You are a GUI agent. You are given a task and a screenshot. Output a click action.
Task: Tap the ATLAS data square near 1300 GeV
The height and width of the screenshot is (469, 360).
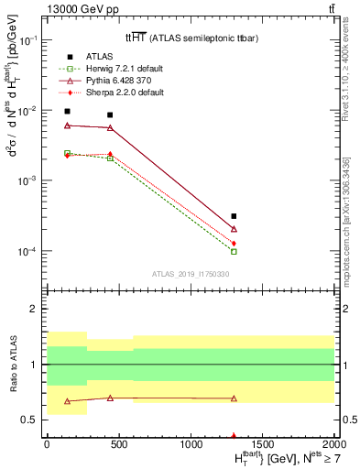pos(234,217)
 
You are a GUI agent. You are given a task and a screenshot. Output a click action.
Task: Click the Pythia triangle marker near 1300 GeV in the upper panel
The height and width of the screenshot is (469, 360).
pos(234,229)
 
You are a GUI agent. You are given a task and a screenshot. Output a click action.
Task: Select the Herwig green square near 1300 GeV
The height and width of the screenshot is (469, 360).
pos(234,251)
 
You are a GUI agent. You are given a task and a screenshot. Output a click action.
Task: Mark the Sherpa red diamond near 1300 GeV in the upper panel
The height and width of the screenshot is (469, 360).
pos(234,243)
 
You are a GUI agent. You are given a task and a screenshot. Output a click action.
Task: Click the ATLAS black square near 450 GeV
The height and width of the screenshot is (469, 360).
pos(110,115)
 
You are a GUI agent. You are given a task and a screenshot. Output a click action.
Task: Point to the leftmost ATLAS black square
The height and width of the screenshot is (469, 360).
pos(67,112)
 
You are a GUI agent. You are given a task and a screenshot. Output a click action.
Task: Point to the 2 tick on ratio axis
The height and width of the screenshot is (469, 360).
pos(36,309)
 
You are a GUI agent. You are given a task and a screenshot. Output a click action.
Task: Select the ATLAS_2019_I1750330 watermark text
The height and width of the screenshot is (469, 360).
pos(190,273)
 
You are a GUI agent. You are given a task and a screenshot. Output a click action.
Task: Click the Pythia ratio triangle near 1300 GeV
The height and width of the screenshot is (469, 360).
pos(234,398)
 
